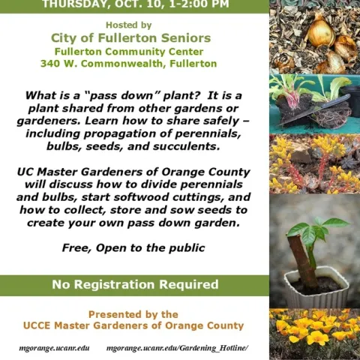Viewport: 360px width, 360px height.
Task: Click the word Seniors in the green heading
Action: coord(185,37)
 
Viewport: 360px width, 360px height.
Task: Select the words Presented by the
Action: coord(133,314)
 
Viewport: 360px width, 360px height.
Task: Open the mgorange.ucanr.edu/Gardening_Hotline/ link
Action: coord(177,349)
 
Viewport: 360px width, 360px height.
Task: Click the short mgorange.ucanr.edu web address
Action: coord(54,349)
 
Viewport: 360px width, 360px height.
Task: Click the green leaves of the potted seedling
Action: coord(312,229)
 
